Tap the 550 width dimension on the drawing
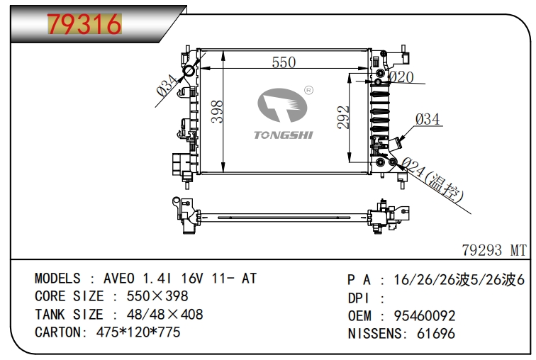tap(283, 62)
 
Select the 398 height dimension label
tap(217, 111)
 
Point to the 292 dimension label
tap(343, 118)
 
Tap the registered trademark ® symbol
tap(308, 91)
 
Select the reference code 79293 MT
tap(494, 249)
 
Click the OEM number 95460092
tap(423, 316)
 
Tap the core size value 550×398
tap(157, 296)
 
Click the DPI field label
tap(359, 298)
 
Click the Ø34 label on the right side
tap(427, 119)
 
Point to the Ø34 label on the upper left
tap(167, 87)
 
